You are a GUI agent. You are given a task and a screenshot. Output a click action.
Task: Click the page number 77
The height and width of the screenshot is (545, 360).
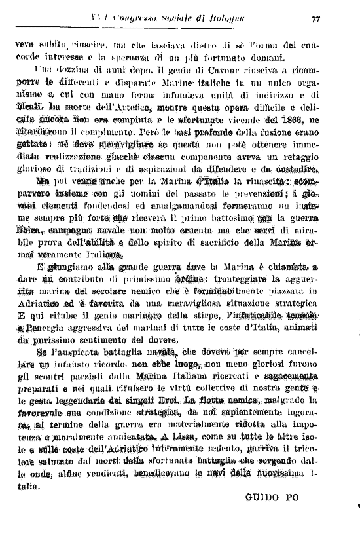(315, 19)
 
